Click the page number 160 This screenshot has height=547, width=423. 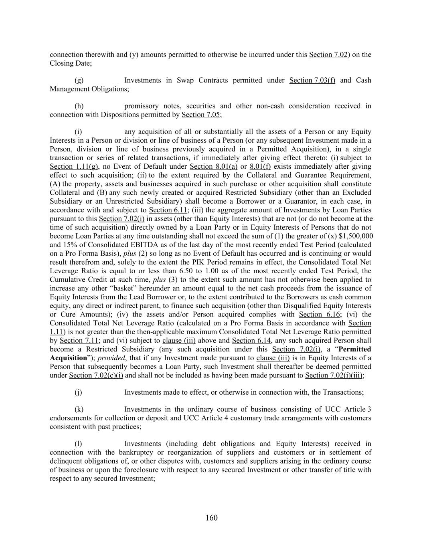coord(211,518)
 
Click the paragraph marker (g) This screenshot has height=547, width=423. coord(79,80)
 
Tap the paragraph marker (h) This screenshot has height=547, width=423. coord(79,106)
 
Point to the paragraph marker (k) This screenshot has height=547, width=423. coord(79,410)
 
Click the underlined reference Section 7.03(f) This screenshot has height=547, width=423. coord(312,80)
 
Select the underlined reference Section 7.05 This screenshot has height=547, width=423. coord(201,115)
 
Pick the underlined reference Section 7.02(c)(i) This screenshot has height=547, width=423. coord(96,375)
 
